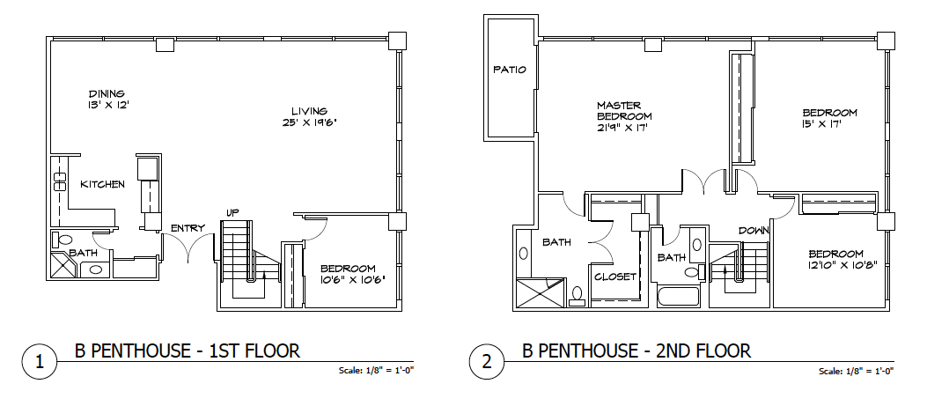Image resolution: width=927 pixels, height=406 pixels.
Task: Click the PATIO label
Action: [x=510, y=70]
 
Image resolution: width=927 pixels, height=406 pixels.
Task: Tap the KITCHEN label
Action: [x=102, y=184]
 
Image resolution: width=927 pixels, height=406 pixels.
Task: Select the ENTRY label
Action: [x=188, y=228]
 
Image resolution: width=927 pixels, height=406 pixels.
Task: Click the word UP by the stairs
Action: [x=233, y=212]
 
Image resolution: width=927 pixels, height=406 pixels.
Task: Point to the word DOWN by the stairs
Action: [x=754, y=230]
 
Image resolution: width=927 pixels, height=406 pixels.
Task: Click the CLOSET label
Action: [x=615, y=277]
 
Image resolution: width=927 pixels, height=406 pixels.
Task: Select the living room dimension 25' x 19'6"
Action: [x=309, y=123]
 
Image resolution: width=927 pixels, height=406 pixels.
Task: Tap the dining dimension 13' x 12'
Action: [x=107, y=105]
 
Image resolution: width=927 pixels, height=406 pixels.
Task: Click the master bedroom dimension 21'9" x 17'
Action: [x=625, y=127]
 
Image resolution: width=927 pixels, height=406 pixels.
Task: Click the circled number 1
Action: [x=39, y=361]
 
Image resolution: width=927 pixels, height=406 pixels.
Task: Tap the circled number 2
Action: [x=486, y=361]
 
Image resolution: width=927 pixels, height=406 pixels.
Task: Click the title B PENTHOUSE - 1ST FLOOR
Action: [x=187, y=351]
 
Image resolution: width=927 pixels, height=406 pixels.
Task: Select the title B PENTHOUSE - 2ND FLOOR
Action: [x=636, y=351]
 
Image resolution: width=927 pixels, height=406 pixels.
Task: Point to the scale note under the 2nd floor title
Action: [x=856, y=372]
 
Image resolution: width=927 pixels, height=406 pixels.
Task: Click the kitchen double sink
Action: [x=59, y=181]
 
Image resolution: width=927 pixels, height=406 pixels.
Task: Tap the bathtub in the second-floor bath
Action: [x=680, y=297]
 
